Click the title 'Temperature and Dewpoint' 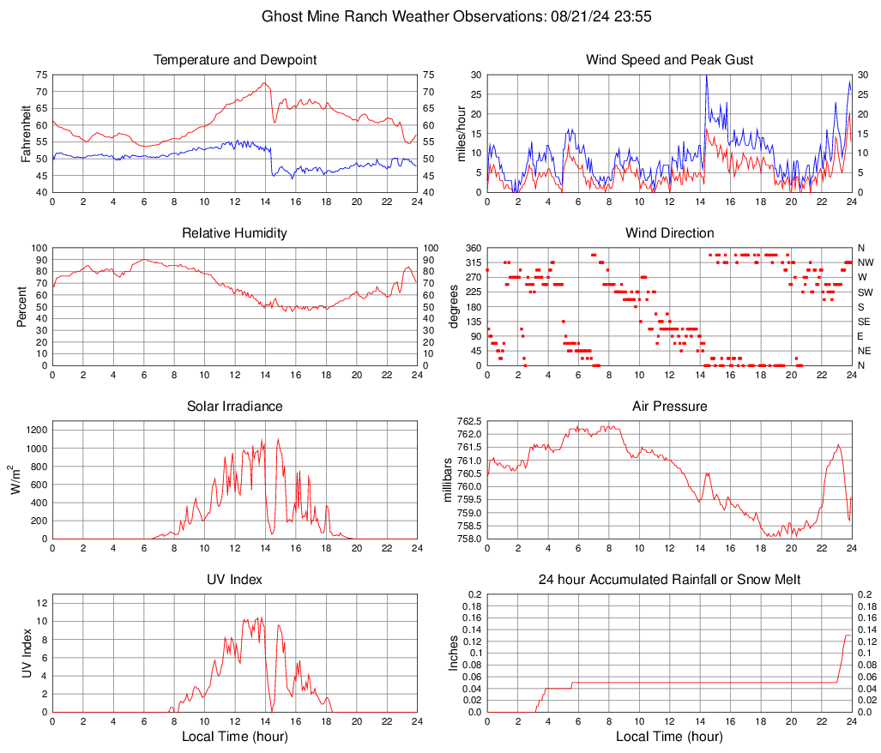coord(234,60)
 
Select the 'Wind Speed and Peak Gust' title coord(669,60)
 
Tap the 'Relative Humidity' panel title coord(234,233)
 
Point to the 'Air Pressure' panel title coord(669,407)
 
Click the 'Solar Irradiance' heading coord(234,407)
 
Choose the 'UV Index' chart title coord(234,580)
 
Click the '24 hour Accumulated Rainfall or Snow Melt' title coord(669,580)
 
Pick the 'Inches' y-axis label coord(454,653)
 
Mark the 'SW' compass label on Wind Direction coord(864,292)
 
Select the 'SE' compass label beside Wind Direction coord(864,322)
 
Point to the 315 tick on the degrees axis coord(471,262)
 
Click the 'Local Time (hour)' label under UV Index coord(234,737)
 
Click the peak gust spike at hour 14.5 coord(706,76)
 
